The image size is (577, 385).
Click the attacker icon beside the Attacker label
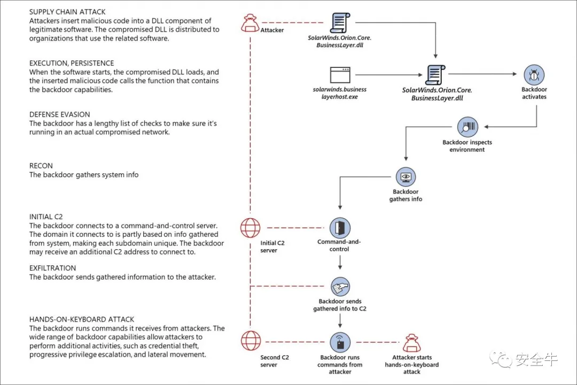(250, 23)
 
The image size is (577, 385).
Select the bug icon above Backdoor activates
(534, 75)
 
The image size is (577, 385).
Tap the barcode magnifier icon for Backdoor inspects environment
(467, 127)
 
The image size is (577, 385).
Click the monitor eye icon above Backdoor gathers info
(406, 177)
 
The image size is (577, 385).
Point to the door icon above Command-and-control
(340, 228)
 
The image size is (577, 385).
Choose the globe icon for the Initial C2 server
(250, 228)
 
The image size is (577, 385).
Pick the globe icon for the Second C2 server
(251, 341)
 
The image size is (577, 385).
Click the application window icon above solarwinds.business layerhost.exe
(340, 75)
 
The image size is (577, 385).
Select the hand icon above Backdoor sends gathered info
(340, 287)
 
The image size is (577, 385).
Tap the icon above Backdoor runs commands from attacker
(340, 342)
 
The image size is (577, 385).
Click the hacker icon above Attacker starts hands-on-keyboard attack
(412, 343)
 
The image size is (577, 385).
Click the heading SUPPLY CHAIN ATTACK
(67, 12)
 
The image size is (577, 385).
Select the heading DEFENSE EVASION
(60, 114)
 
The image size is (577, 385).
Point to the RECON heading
(41, 166)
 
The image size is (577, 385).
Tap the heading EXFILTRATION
(52, 268)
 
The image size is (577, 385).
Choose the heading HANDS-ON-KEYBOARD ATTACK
(82, 319)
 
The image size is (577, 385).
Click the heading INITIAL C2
(46, 217)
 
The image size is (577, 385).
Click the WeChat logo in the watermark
(501, 359)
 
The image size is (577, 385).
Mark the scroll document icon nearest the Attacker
(340, 22)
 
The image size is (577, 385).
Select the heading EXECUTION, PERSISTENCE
(72, 64)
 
